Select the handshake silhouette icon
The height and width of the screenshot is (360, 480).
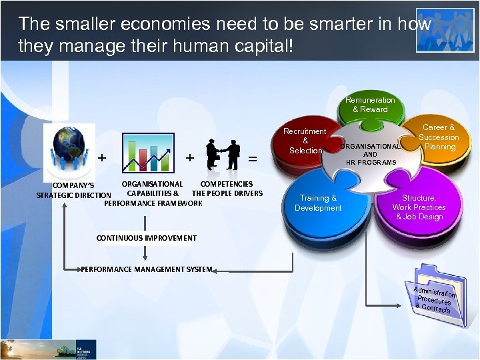click(223, 155)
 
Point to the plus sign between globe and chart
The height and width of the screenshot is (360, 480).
click(101, 158)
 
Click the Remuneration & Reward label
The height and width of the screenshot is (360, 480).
click(370, 105)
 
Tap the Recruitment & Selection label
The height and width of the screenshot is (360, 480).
click(305, 141)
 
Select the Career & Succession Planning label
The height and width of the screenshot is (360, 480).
click(439, 137)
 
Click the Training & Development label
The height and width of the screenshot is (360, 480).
click(318, 203)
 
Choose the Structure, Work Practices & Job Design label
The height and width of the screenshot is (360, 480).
click(419, 207)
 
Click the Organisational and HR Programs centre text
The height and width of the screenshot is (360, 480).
click(371, 154)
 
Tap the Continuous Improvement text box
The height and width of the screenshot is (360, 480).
click(147, 238)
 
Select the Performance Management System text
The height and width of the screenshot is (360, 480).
click(147, 269)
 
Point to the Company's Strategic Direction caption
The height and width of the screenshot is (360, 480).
click(73, 190)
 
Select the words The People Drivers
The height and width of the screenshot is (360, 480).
click(227, 193)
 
